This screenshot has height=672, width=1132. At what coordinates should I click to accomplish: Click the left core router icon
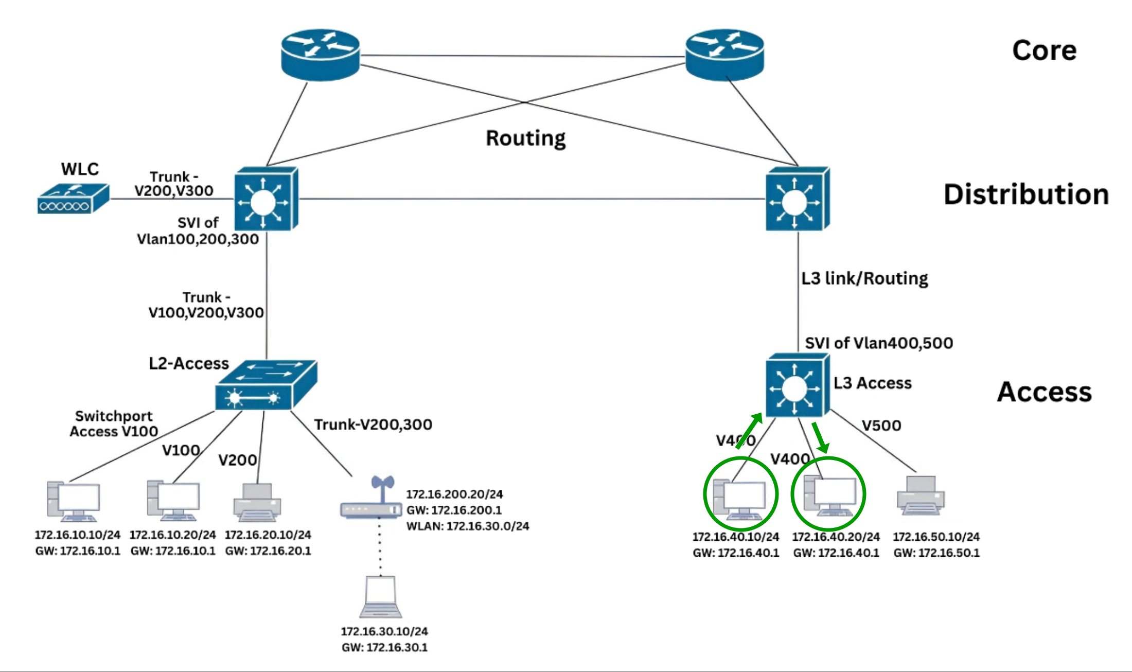click(320, 55)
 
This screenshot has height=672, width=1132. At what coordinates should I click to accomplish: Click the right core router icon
click(724, 55)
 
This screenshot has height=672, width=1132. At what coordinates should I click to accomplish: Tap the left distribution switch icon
click(266, 199)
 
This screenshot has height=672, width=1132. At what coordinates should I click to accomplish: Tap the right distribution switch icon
click(797, 199)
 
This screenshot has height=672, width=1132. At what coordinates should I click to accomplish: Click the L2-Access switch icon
click(266, 386)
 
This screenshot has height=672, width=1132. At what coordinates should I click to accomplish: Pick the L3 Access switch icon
click(797, 385)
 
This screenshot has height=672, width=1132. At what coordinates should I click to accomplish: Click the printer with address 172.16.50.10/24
click(921, 496)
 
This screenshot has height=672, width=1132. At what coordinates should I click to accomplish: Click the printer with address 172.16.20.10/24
click(257, 502)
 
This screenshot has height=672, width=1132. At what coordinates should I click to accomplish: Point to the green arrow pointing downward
click(820, 437)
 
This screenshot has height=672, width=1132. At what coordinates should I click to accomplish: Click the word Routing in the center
click(525, 138)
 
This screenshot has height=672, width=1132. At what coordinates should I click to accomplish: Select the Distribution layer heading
click(1026, 194)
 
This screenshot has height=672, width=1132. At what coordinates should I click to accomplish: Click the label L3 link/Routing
click(864, 278)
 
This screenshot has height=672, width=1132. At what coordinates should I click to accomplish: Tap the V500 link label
click(881, 426)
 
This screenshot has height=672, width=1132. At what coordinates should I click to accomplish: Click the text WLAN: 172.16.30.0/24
click(467, 526)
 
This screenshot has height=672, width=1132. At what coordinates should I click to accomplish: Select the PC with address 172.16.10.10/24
click(74, 501)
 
